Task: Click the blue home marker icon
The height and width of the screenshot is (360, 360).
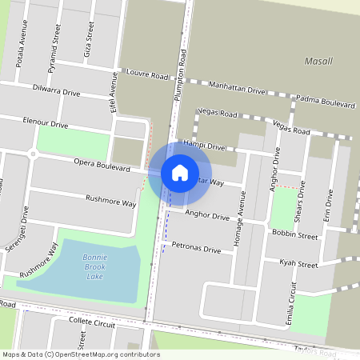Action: (x=180, y=172)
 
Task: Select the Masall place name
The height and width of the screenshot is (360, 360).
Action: (x=318, y=61)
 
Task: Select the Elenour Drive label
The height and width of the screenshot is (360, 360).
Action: (x=46, y=123)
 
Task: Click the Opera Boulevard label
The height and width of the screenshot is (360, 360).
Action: (x=102, y=165)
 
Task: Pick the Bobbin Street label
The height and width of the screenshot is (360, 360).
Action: (x=294, y=235)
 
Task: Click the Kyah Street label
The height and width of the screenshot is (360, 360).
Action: (x=298, y=263)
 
